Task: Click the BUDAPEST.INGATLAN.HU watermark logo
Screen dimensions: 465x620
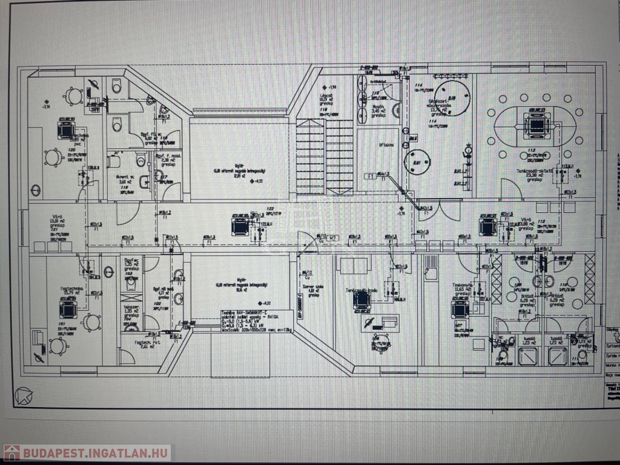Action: click(x=87, y=452)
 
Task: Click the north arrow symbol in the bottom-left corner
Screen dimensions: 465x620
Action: click(x=25, y=396)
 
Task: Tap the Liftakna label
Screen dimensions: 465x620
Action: click(x=387, y=146)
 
